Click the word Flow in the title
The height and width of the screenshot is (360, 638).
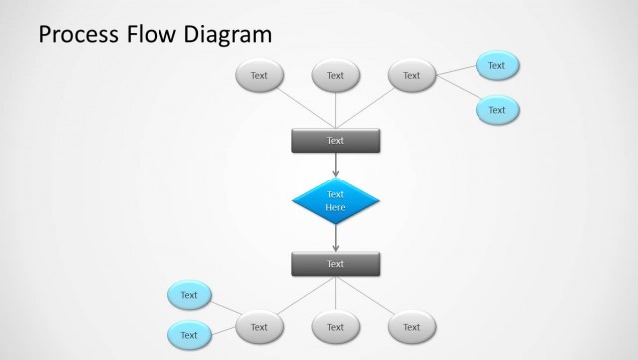(x=156, y=36)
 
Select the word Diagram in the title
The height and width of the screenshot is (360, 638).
(x=228, y=36)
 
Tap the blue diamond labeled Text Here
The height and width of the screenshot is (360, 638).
(x=335, y=200)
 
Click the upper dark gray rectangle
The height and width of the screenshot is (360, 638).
(x=335, y=141)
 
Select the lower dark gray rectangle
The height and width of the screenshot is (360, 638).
(x=335, y=264)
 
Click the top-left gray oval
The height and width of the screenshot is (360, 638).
(x=259, y=75)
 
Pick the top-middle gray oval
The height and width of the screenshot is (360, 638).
(x=335, y=75)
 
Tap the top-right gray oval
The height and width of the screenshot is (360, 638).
(x=411, y=75)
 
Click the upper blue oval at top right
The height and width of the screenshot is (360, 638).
(x=496, y=66)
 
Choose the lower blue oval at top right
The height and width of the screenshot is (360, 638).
(x=496, y=110)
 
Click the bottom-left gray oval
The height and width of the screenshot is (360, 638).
(x=259, y=327)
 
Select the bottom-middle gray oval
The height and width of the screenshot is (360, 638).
(x=335, y=327)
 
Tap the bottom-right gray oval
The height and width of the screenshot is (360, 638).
(x=411, y=327)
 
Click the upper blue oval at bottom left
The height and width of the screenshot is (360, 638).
(x=189, y=295)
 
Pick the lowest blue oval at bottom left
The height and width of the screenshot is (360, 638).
(x=189, y=336)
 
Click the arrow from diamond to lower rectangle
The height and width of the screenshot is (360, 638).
(x=335, y=238)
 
